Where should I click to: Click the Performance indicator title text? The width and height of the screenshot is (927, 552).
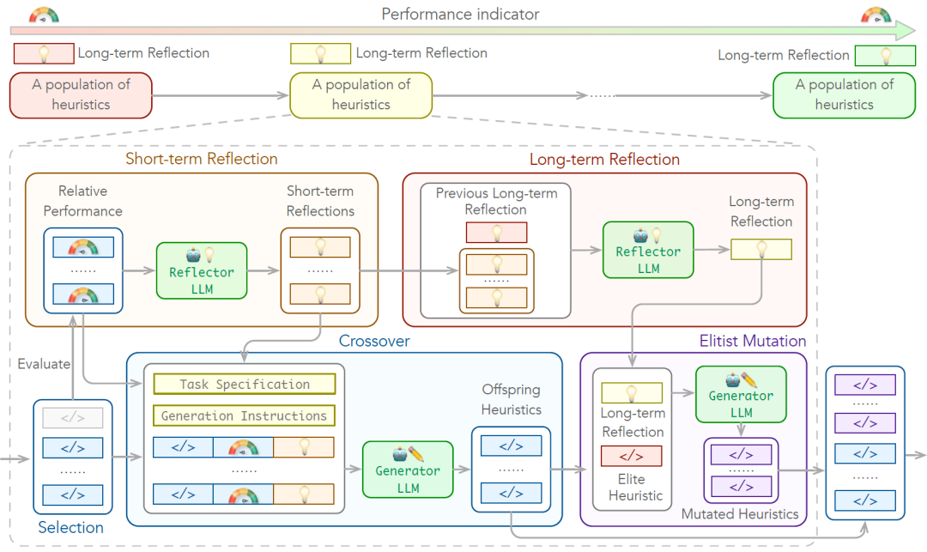[460, 15]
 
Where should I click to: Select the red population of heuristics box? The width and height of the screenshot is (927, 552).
[81, 94]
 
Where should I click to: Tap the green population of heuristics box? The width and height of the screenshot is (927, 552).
[844, 94]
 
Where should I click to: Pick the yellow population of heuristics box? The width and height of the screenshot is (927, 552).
[360, 94]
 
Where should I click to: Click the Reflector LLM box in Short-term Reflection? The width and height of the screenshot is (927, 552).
[202, 270]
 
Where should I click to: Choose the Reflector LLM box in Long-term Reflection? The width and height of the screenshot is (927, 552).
[648, 250]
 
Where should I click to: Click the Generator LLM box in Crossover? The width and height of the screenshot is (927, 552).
[407, 469]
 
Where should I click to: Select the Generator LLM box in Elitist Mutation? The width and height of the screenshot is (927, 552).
[741, 395]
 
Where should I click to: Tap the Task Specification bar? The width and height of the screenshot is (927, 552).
[245, 385]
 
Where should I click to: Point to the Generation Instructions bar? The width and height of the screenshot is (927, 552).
[245, 416]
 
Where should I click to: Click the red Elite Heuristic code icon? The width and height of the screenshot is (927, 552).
[631, 456]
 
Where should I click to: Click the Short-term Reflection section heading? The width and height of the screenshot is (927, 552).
[202, 159]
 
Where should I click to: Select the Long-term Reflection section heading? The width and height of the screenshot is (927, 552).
[604, 160]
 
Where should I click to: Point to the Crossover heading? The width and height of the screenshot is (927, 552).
[373, 341]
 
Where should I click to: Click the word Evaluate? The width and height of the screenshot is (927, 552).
[44, 364]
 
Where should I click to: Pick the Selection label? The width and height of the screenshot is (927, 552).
[71, 527]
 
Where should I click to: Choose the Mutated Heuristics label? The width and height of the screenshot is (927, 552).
[740, 514]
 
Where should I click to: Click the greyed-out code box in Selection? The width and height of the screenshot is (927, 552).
[72, 418]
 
